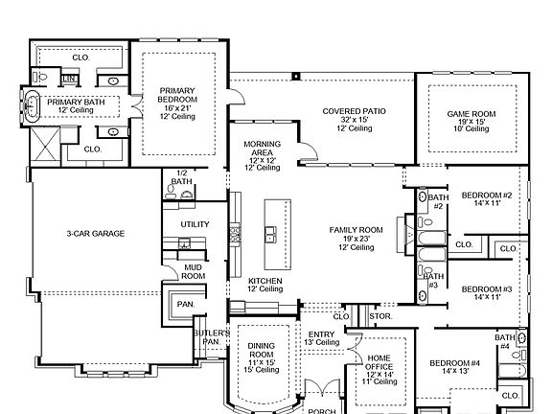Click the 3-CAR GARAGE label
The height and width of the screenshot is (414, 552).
(96, 234)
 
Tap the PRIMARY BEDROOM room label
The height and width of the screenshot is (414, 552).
(177, 95)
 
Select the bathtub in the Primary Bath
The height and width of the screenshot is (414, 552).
(32, 106)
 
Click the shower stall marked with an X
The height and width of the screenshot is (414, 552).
(45, 145)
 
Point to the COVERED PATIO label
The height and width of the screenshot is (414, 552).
(355, 111)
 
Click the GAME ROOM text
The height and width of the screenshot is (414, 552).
(471, 114)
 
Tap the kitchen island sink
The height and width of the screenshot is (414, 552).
(270, 235)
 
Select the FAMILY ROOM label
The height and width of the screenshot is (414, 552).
(356, 230)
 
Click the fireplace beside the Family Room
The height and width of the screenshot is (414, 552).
(406, 234)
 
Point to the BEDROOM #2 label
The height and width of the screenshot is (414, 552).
(487, 195)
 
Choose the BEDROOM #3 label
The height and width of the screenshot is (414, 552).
(487, 289)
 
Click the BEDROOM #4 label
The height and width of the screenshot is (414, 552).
(455, 363)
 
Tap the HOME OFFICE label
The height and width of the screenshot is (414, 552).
(379, 362)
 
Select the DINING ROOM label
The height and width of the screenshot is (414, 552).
(261, 351)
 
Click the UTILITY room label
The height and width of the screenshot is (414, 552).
(195, 224)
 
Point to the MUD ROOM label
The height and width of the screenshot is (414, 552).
(193, 272)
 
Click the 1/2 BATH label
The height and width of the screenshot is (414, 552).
(182, 177)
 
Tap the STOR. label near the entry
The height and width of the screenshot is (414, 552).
(380, 316)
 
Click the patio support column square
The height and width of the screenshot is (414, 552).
(296, 76)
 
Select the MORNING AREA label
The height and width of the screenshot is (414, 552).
(263, 149)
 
